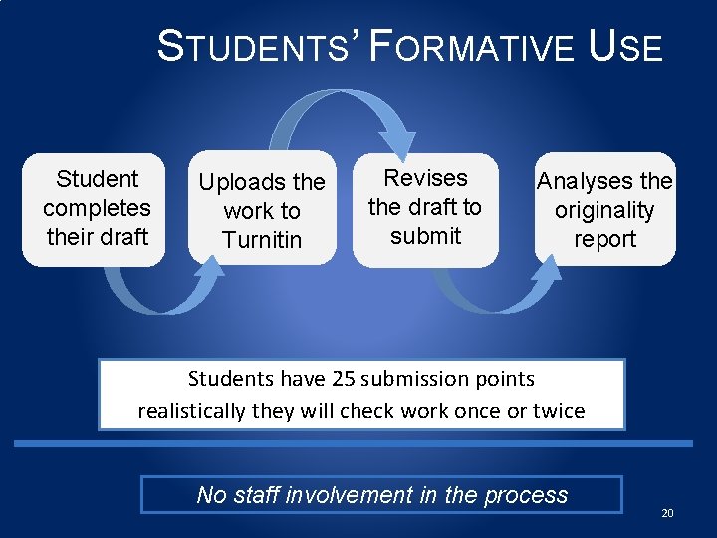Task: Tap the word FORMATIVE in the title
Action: (x=470, y=48)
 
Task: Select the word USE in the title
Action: (x=626, y=48)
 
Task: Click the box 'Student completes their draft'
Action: (x=96, y=209)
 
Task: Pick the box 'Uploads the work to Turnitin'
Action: (x=262, y=209)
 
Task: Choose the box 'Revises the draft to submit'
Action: (x=425, y=209)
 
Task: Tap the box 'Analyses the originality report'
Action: (x=604, y=209)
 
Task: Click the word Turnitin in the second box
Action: (x=262, y=240)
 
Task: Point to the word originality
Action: (x=604, y=211)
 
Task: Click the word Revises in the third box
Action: (x=425, y=178)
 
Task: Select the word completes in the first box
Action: (x=97, y=208)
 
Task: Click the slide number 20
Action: (x=667, y=513)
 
